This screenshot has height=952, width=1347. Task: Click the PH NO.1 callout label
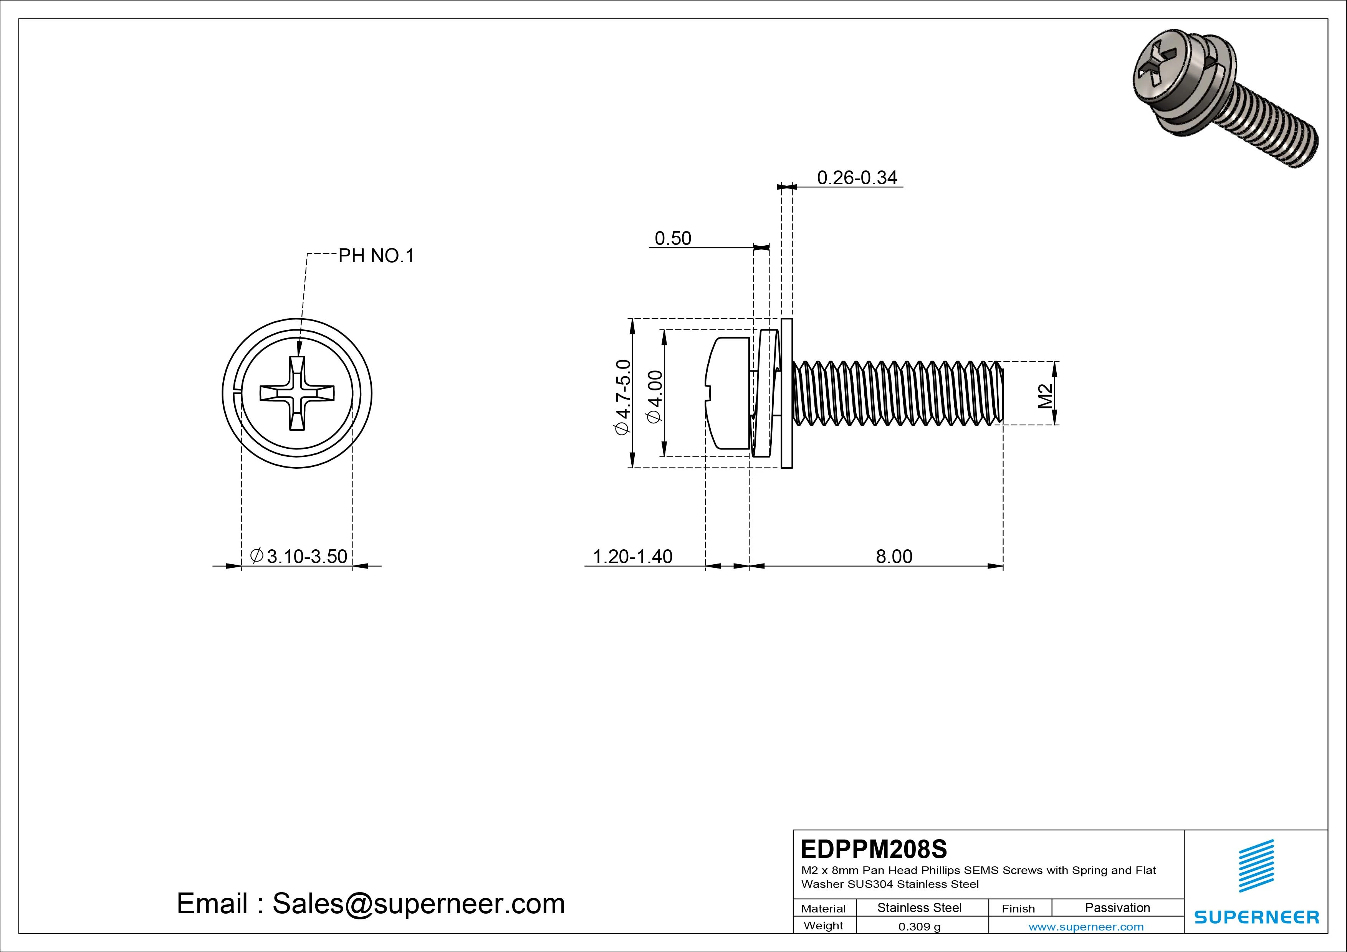click(376, 256)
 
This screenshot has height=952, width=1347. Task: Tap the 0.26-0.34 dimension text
click(857, 178)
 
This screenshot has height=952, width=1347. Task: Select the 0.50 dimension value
click(673, 239)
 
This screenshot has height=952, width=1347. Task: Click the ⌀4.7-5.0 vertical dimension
click(622, 397)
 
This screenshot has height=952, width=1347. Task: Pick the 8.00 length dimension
click(894, 556)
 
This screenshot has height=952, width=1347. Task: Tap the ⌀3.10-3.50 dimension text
click(299, 556)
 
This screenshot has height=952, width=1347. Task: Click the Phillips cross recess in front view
click(297, 393)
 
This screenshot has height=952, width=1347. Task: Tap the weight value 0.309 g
click(919, 927)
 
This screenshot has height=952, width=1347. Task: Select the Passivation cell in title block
click(1117, 907)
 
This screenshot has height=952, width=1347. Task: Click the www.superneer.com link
click(1086, 927)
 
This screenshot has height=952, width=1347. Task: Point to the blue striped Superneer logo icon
click(1256, 866)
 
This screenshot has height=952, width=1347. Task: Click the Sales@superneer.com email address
click(418, 904)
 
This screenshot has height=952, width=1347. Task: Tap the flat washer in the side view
click(787, 393)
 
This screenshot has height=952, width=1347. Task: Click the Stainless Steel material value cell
click(919, 907)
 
